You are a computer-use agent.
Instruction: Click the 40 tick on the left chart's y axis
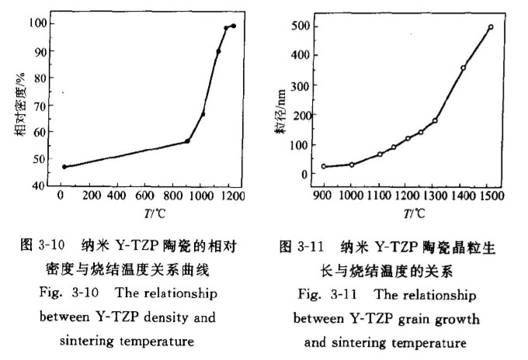pyautogui.click(x=36, y=186)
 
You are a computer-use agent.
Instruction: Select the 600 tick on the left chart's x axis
pyautogui.click(x=145, y=197)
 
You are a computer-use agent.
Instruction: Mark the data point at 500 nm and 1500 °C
pyautogui.click(x=491, y=27)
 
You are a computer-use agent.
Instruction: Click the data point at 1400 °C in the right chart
pyautogui.click(x=463, y=67)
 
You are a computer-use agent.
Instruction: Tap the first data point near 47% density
pyautogui.click(x=64, y=167)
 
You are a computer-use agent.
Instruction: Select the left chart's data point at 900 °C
pyautogui.click(x=187, y=140)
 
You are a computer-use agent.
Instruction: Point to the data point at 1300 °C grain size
pyautogui.click(x=435, y=120)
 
